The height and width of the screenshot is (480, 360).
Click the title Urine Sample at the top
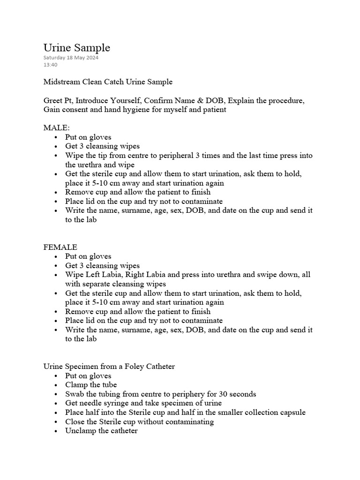pyautogui.click(x=76, y=48)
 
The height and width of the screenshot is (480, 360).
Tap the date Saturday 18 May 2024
pyautogui.click(x=71, y=58)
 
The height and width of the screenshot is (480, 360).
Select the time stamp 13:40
pyautogui.click(x=50, y=65)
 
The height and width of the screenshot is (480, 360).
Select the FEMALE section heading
pyautogui.click(x=60, y=247)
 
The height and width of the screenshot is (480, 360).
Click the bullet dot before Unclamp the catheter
pyautogui.click(x=56, y=431)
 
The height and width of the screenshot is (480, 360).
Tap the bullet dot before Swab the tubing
pyautogui.click(x=56, y=394)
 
